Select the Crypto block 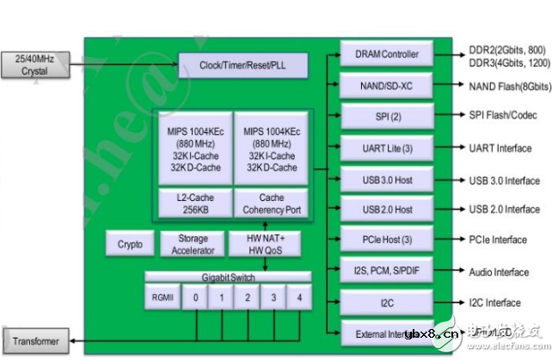[x=129, y=244]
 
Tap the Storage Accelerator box [x=192, y=244]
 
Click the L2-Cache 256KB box [x=193, y=203]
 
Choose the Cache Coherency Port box [x=271, y=203]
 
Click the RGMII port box [x=162, y=296]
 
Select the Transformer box [x=35, y=341]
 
